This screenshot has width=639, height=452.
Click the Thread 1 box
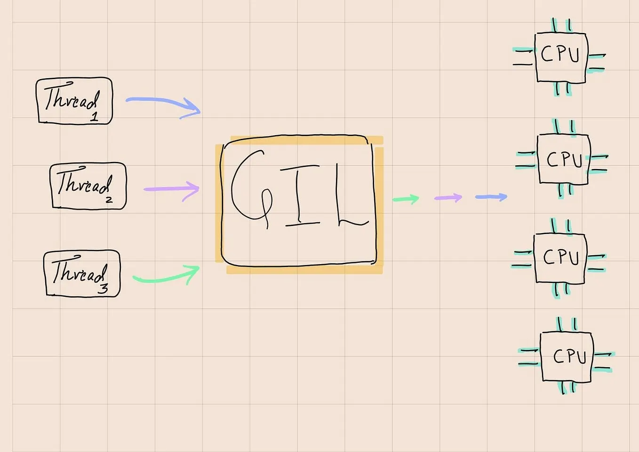tap(74, 101)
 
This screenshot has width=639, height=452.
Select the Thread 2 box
tap(88, 186)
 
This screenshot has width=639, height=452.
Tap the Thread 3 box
tap(82, 274)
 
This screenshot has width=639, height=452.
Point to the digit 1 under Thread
tap(95, 116)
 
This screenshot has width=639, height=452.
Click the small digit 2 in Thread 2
tap(109, 200)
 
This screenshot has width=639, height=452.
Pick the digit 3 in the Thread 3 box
tap(103, 288)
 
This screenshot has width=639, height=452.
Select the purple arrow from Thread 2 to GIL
tap(172, 189)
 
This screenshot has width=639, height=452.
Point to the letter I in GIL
tap(301, 194)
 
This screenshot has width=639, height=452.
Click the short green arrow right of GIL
tap(406, 199)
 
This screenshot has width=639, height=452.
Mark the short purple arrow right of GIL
tap(448, 198)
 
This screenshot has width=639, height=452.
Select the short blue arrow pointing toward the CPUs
tap(491, 197)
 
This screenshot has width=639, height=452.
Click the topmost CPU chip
tap(560, 57)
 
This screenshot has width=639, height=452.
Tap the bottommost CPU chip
tap(566, 356)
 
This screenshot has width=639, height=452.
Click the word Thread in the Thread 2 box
tap(83, 182)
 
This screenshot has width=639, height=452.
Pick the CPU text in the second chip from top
tap(564, 160)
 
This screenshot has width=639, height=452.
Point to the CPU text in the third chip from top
tap(560, 257)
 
